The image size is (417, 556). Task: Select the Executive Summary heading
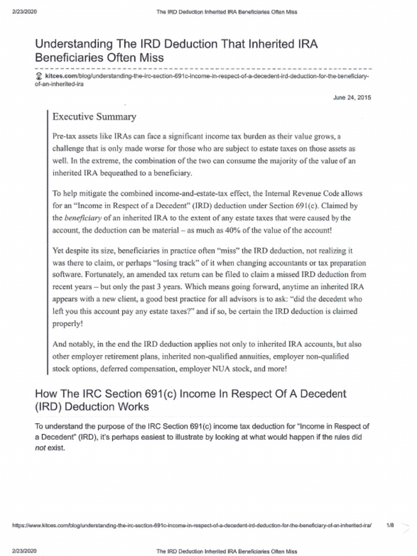(x=94, y=117)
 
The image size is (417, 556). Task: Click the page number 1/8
(x=390, y=526)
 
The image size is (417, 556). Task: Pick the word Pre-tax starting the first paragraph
(x=65, y=136)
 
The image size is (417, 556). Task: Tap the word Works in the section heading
(x=134, y=406)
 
